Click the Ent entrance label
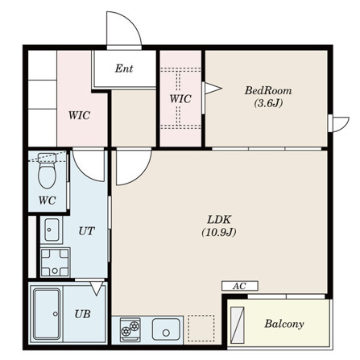124,68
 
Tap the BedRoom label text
268,91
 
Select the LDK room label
219,220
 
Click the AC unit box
240,286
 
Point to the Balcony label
284,324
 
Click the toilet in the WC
48,171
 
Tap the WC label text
48,201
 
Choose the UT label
87,231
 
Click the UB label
82,314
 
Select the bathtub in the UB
47,314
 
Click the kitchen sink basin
166,329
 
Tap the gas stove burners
130,329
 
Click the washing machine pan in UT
55,263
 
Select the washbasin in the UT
52,230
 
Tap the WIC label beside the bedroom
180,99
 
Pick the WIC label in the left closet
79,115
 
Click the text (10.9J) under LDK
219,232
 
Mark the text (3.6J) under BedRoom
268,103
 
